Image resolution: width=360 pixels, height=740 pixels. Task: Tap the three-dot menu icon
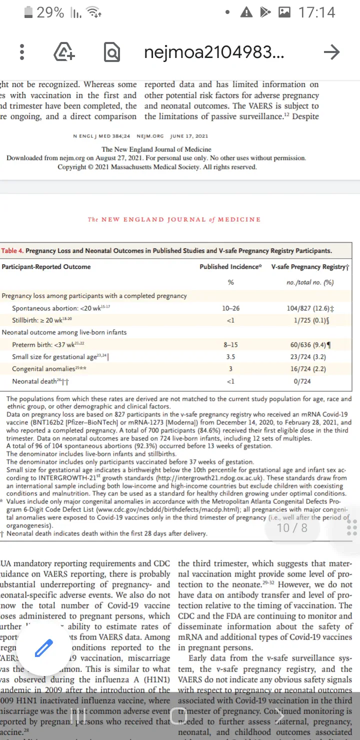[22, 52]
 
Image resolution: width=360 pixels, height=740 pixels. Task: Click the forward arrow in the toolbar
[331, 52]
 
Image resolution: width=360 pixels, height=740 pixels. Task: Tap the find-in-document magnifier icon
[112, 52]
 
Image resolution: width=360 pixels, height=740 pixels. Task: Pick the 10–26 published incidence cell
[230, 308]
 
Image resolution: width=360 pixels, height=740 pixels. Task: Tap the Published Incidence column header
[230, 267]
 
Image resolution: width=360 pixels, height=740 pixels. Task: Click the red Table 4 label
[12, 251]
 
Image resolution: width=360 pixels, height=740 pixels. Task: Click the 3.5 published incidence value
[230, 357]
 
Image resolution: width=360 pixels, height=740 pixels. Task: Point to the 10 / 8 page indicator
[292, 528]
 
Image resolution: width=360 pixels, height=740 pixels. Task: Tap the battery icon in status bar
[28, 13]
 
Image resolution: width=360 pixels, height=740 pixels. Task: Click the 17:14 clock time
[316, 13]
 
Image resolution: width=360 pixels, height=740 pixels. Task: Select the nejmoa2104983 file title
[214, 52]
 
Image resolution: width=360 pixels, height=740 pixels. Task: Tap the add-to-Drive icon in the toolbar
[64, 52]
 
